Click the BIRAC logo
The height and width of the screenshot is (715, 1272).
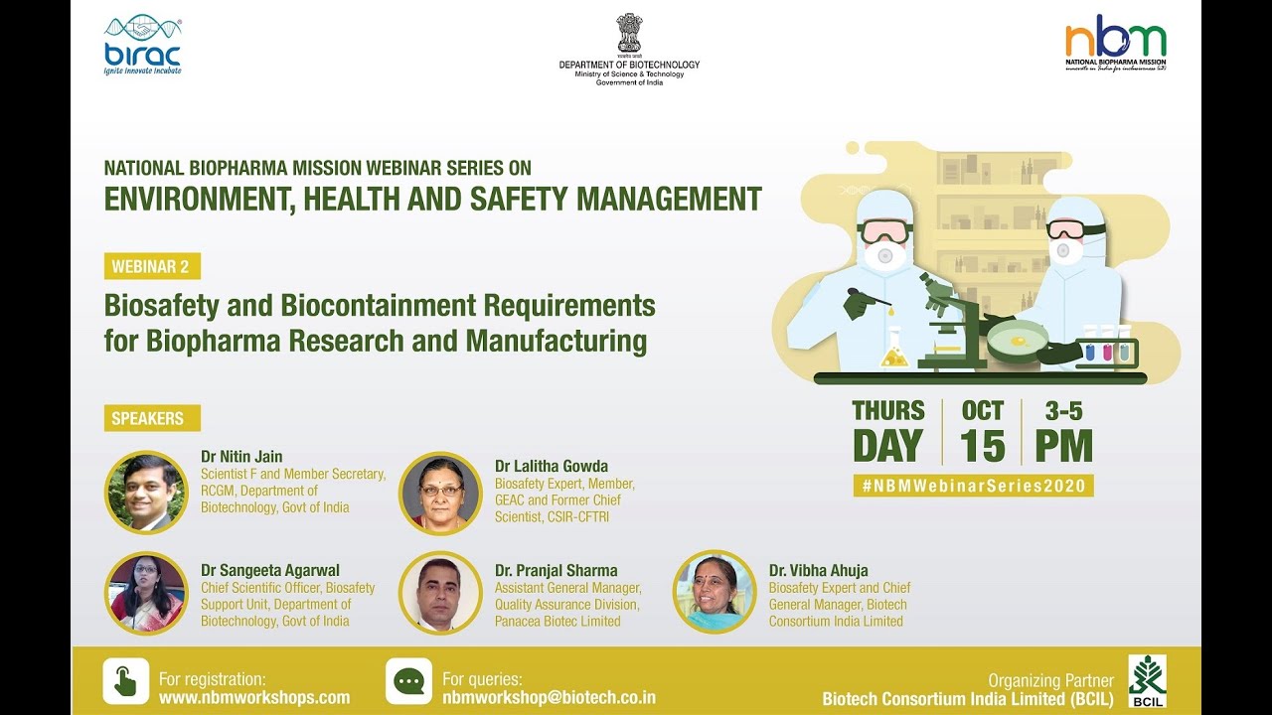click(143, 46)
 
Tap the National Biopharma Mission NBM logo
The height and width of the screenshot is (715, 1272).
click(1116, 44)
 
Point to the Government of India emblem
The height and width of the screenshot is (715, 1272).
click(629, 33)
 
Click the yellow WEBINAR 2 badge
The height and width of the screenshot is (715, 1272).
click(152, 266)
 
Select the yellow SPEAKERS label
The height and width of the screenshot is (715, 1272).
click(151, 418)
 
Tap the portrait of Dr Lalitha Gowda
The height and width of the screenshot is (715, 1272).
click(440, 494)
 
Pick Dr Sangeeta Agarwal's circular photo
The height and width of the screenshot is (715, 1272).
click(146, 593)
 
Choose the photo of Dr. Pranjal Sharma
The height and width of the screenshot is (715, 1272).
click(440, 593)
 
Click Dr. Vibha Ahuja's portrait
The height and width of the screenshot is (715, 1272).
click(715, 593)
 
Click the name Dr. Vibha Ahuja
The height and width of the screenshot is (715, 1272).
click(818, 570)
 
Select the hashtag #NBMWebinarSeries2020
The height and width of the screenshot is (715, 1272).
click(973, 486)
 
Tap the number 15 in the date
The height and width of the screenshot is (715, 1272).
click(982, 447)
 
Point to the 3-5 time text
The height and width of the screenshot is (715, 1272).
click(1063, 411)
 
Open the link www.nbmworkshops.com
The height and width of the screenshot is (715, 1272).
click(254, 697)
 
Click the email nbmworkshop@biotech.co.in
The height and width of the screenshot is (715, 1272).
click(549, 697)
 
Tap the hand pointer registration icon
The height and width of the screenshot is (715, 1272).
click(126, 681)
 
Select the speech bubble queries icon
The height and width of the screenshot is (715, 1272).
click(408, 681)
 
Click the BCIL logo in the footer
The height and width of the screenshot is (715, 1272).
click(1147, 680)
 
